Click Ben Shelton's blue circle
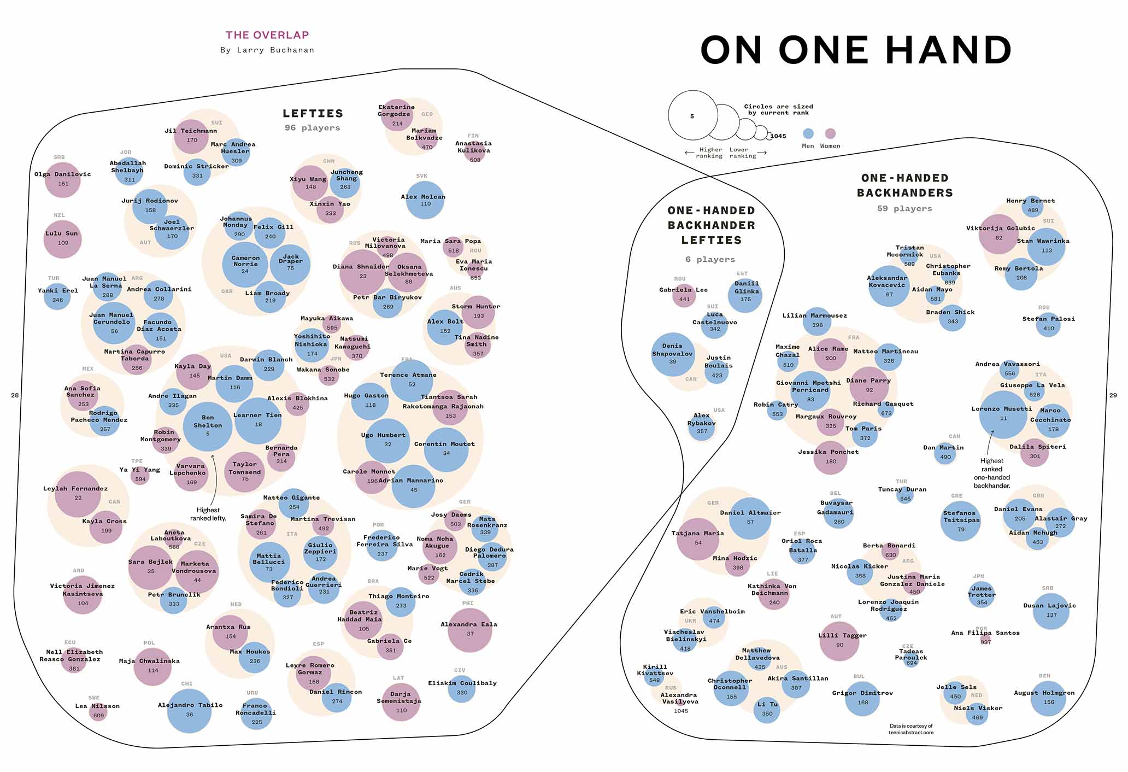tap(208, 426)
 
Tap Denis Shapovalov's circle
tap(673, 354)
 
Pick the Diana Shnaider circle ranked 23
tap(362, 272)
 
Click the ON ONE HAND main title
tap(856, 50)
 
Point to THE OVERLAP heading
tap(267, 35)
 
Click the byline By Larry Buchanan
tap(267, 50)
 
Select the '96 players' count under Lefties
tap(312, 127)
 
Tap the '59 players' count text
tap(904, 208)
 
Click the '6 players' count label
tap(710, 259)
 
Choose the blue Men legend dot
tap(808, 133)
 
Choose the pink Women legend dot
tap(830, 133)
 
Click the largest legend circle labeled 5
tap(692, 115)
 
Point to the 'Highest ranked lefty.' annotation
tap(208, 514)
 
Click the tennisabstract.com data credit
tap(911, 729)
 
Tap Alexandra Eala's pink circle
tap(469, 630)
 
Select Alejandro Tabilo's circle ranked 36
tap(189, 710)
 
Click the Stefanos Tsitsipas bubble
tap(960, 521)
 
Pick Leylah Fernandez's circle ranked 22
tap(78, 494)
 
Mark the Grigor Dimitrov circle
tap(862, 698)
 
